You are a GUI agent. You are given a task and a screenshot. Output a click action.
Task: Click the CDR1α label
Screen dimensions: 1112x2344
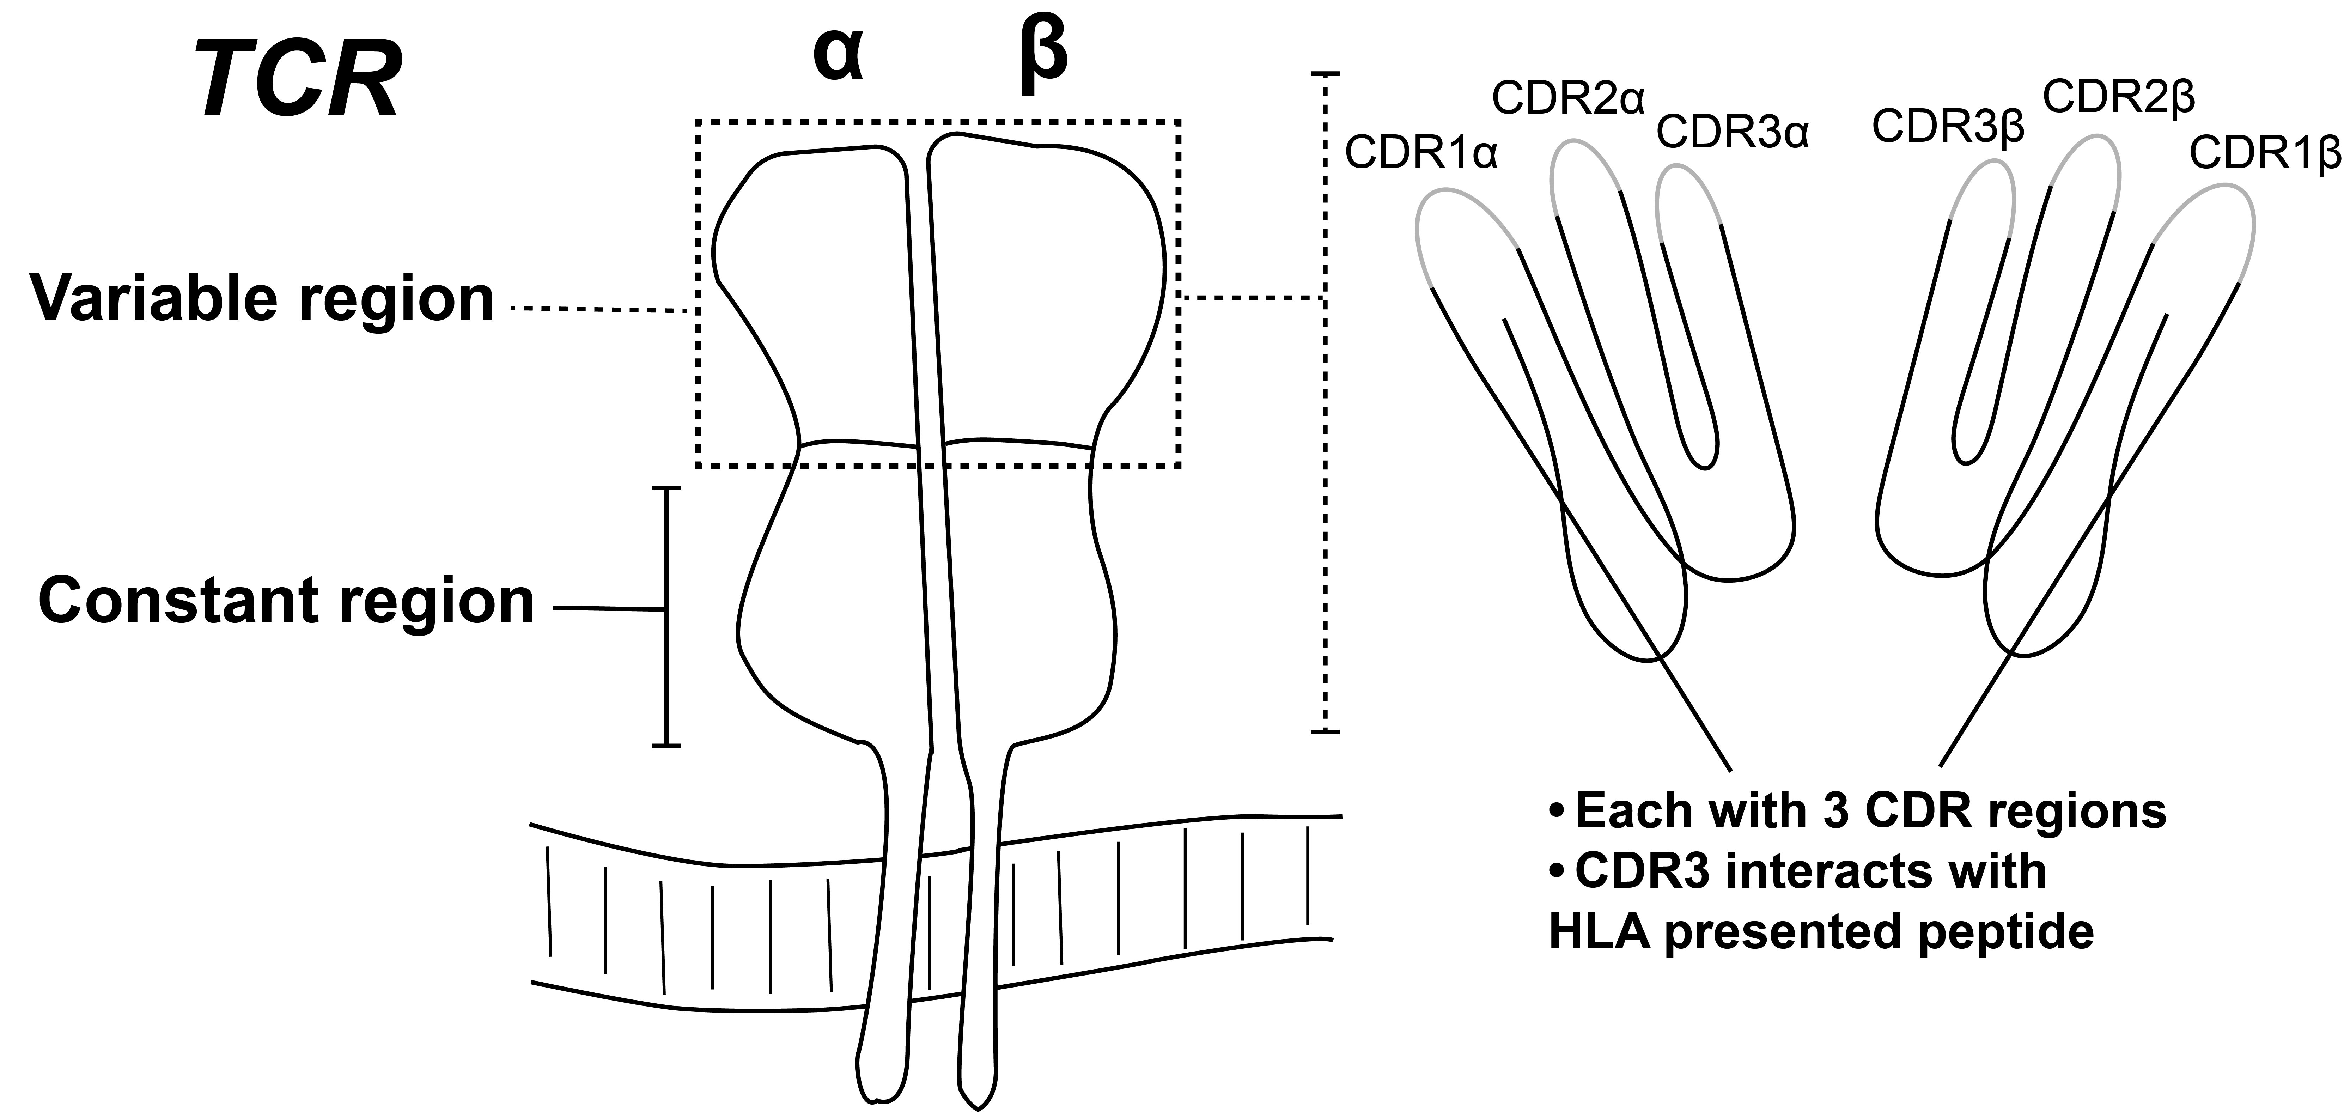(x=1420, y=153)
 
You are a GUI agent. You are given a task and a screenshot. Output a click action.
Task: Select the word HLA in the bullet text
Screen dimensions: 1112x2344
(x=1600, y=933)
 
